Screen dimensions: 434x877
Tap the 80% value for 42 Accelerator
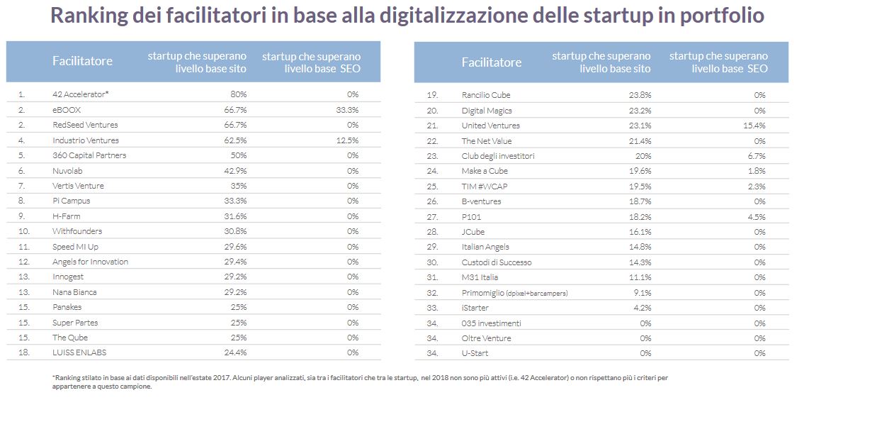(239, 94)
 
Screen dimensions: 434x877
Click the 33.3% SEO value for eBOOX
(349, 110)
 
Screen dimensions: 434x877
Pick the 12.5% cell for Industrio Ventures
(349, 140)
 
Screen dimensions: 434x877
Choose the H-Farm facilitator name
(67, 216)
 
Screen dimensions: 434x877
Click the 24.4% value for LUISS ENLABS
(235, 352)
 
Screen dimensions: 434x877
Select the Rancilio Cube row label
(485, 95)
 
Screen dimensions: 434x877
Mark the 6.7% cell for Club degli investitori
(756, 156)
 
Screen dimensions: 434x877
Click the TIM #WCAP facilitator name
(484, 186)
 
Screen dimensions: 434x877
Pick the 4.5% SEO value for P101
(756, 216)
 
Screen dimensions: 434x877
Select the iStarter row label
(475, 308)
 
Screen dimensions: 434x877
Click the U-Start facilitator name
(475, 353)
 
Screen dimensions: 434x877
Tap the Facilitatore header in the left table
(82, 61)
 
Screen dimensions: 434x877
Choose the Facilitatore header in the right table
(491, 62)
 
